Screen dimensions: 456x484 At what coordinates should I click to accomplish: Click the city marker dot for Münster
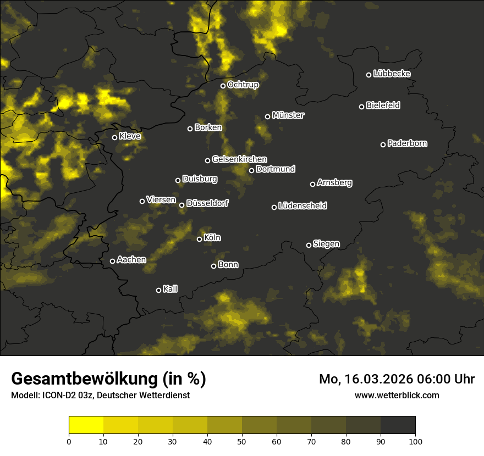coord(268,116)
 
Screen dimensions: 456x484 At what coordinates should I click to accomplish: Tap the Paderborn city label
coord(408,143)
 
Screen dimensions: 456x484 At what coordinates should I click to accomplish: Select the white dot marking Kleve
coord(115,137)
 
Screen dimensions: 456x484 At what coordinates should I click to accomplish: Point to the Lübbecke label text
coord(392,74)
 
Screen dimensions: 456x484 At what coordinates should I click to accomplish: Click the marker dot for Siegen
coord(309,245)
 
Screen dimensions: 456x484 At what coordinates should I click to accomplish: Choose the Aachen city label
coord(131,260)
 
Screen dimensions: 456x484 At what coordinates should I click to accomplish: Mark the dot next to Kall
coord(158,290)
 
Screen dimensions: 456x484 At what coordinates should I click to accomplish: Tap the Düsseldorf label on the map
coord(207,203)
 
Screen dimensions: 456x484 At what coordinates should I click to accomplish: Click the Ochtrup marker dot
coord(223,86)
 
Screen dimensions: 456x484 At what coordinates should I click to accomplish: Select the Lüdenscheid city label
coord(302,206)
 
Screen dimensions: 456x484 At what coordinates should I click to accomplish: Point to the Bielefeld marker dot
coord(361,107)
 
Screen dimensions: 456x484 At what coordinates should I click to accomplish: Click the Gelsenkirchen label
coord(239,159)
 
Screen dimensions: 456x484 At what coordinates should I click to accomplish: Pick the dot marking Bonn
coord(213,266)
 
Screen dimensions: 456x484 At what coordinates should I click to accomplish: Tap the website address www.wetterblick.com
coord(397,395)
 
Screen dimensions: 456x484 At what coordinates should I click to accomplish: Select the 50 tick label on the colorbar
coord(242,441)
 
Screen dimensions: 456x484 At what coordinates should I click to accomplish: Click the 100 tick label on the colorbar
coord(415,441)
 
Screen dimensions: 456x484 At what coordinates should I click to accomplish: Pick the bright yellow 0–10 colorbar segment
coord(86,425)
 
